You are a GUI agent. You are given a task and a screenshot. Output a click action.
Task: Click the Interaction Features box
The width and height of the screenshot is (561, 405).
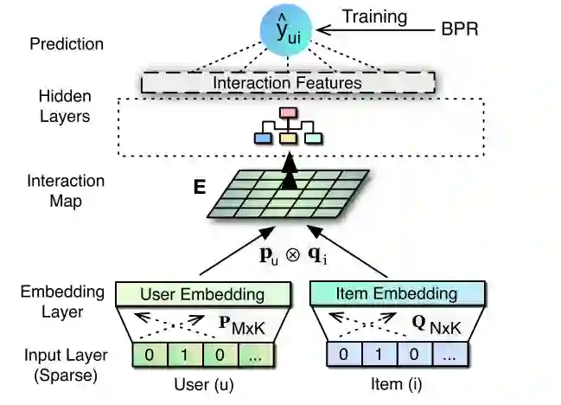point(287,83)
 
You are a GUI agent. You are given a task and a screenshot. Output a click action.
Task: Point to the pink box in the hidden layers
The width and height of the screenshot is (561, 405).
point(288,117)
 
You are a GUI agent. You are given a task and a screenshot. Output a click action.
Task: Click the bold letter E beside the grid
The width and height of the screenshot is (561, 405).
point(200,185)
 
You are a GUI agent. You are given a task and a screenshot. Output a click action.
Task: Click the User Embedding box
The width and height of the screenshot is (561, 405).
point(202,293)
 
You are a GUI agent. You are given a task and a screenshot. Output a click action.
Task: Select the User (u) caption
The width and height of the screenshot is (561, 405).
point(202,383)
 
